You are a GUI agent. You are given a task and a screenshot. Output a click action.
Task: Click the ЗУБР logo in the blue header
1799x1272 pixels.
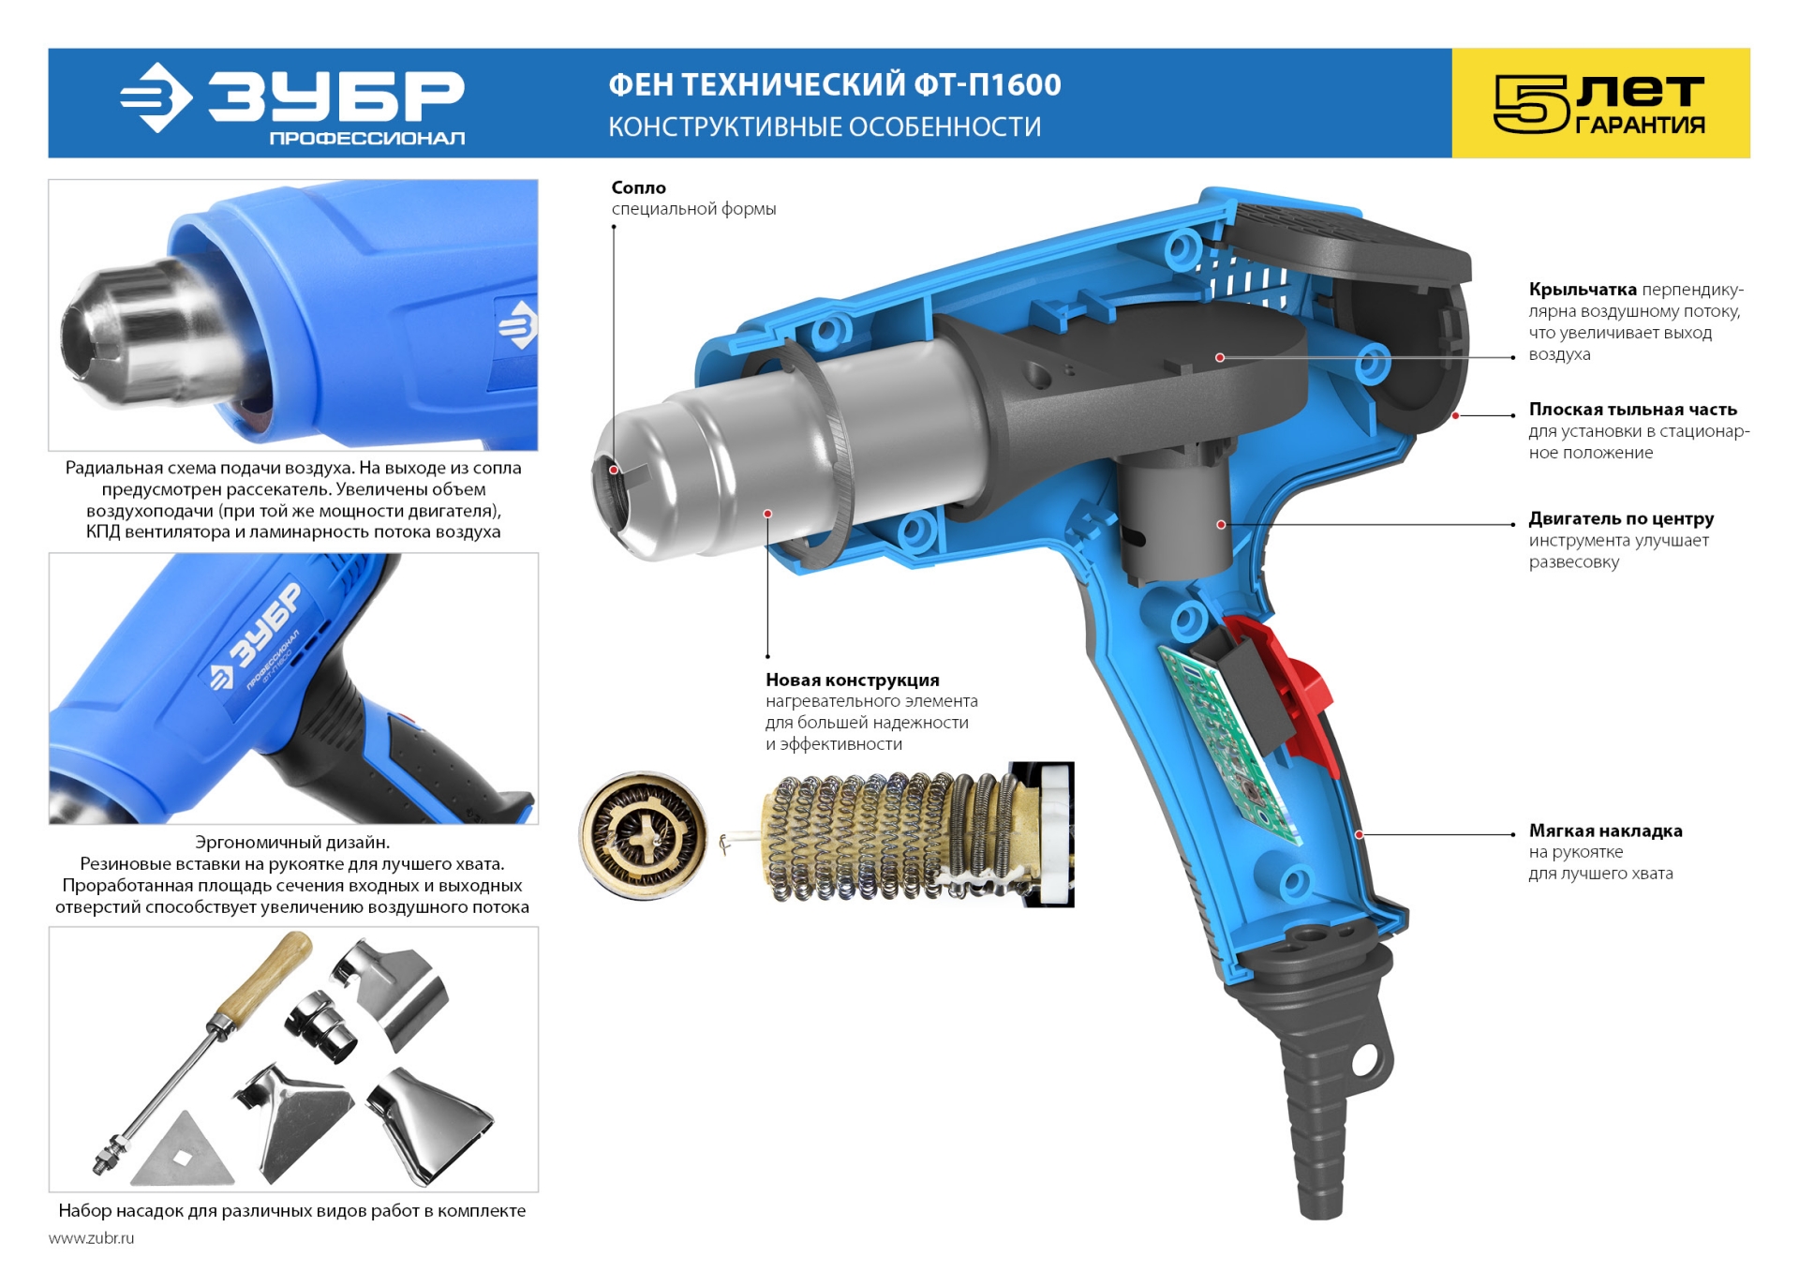point(292,104)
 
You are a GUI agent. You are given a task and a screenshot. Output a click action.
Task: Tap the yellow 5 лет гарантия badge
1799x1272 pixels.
point(1600,103)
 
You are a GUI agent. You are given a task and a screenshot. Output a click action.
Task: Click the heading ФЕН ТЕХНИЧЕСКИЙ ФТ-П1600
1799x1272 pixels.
point(835,85)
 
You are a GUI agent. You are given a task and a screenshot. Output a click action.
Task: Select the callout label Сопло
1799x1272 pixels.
point(639,187)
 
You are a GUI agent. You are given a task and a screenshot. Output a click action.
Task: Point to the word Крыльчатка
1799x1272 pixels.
point(1583,290)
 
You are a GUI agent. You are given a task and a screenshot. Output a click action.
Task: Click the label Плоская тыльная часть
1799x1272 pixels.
point(1633,410)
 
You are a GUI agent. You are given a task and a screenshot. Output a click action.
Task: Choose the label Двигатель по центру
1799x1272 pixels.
point(1621,519)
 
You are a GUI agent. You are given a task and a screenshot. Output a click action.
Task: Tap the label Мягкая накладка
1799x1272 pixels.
point(1606,831)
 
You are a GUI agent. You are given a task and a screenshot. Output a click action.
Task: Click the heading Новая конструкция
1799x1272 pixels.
point(853,680)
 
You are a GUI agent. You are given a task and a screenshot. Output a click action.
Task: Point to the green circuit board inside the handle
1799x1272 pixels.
point(1227,741)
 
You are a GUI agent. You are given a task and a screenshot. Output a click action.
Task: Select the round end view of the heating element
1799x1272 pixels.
point(643,834)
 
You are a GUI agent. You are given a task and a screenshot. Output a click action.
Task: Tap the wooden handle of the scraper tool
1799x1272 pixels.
point(266,975)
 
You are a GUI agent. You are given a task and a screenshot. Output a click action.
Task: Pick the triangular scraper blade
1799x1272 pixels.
point(184,1150)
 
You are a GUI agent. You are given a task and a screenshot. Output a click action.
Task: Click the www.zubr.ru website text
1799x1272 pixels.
point(92,1238)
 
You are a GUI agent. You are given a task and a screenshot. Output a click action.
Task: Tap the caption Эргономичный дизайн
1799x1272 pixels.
point(292,843)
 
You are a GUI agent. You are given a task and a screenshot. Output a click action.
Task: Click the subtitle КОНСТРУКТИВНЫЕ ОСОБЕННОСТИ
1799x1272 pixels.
point(825,127)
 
